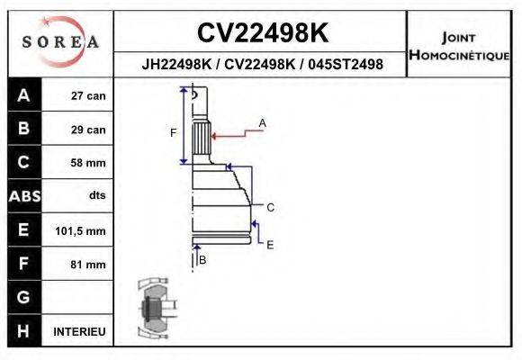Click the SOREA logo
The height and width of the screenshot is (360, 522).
coord(60,42)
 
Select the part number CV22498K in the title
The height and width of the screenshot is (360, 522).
coord(262,33)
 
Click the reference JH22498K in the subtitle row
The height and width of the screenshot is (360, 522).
coord(178,65)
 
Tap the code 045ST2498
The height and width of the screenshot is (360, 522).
coord(346,65)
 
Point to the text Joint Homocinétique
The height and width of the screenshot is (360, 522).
coord(459,47)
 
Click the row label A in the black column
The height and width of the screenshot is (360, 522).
coord(23,95)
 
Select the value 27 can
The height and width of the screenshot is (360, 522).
coord(88,96)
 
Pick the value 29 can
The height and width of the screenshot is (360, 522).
coord(88,130)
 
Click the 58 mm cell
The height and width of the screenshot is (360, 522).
coord(88,163)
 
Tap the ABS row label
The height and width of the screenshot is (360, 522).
coord(23,196)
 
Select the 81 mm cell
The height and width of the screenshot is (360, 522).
coord(88,265)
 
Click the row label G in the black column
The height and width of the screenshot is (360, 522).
coord(23,297)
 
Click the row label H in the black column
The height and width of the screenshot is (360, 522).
coord(23,330)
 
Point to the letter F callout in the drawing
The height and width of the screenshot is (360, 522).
coord(173,133)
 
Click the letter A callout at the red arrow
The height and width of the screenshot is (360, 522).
coord(262,122)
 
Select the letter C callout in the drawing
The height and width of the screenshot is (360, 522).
coord(269,207)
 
